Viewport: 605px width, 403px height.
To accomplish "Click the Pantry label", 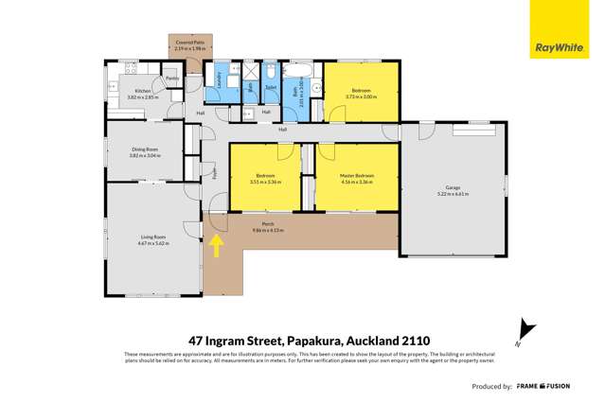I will click(x=172, y=78).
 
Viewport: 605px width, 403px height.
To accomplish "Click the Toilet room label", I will click(x=270, y=87).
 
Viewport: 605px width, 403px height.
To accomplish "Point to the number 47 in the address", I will click(x=198, y=340).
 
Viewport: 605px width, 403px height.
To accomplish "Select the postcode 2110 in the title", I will click(x=414, y=340).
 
